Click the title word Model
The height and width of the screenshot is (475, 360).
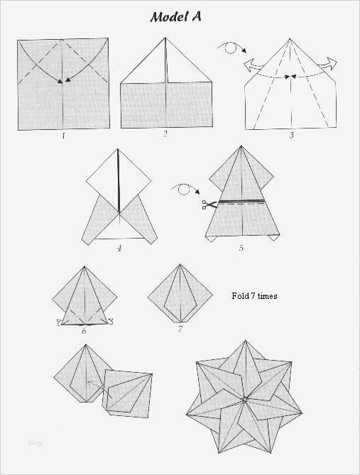(x=169, y=17)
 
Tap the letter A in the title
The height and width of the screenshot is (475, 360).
(x=197, y=16)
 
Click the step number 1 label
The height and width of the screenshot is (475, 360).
(x=63, y=136)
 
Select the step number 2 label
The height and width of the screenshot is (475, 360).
(x=165, y=134)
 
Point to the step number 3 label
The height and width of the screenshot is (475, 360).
(x=291, y=135)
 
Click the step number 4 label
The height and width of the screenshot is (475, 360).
(x=119, y=249)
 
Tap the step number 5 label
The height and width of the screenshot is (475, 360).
(x=241, y=248)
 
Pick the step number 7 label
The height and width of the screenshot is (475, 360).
(x=180, y=329)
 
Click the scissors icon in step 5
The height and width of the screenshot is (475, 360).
(x=209, y=204)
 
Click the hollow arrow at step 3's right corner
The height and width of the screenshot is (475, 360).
(x=327, y=64)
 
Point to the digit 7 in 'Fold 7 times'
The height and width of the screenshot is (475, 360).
(x=252, y=296)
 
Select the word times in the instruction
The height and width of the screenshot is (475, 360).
(x=267, y=296)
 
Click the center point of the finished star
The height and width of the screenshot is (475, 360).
(x=244, y=400)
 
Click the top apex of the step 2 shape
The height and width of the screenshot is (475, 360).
(x=165, y=38)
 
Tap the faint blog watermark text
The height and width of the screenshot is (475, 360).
(x=35, y=443)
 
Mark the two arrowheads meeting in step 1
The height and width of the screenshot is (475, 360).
(x=64, y=80)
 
